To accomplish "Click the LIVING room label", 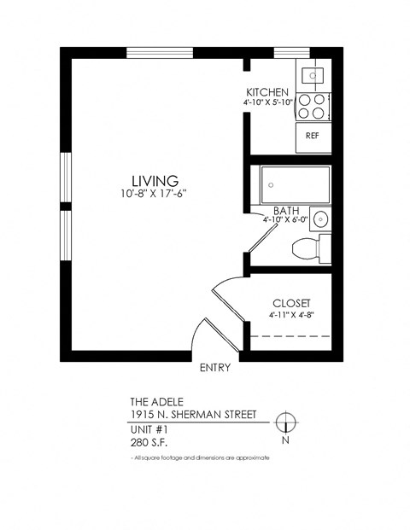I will [x=155, y=180].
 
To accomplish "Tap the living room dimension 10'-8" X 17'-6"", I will [x=155, y=194].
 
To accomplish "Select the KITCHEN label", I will [x=267, y=92].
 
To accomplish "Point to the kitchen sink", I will [x=313, y=76].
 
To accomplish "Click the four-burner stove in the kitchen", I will [x=313, y=105].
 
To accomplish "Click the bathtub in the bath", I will [x=296, y=183].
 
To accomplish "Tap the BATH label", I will [x=285, y=210].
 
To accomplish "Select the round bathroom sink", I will [x=320, y=219].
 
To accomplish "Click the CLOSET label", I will [x=290, y=303].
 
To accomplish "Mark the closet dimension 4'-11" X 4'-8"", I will [x=290, y=315].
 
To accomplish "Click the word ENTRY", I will [x=214, y=369].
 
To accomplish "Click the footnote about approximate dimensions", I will [x=200, y=458].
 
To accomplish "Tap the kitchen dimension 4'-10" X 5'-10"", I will [x=267, y=102].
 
